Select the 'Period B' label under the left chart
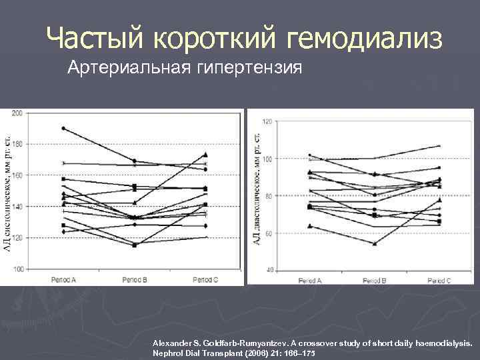tap(135, 280)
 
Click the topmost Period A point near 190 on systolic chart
tap(63, 128)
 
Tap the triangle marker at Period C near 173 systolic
tap(205, 155)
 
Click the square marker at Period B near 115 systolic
tap(135, 245)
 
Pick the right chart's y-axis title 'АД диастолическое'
tap(257, 187)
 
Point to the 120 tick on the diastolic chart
tap(268, 121)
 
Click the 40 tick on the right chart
tap(269, 270)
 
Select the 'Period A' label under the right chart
tap(309, 281)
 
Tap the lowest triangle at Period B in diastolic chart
tap(375, 243)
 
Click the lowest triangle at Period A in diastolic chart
tap(309, 226)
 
